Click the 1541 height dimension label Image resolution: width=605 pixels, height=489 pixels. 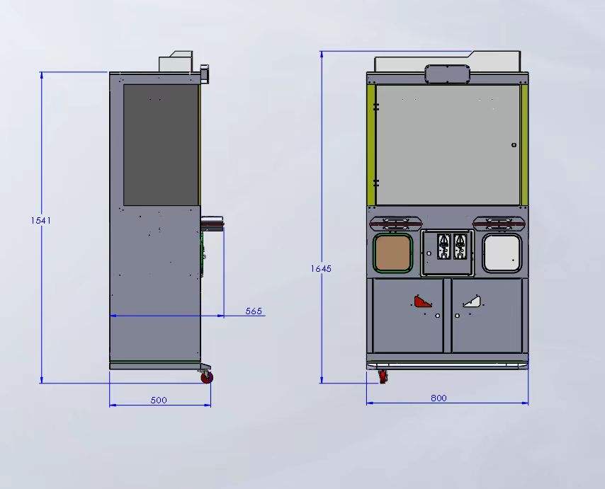click(40, 220)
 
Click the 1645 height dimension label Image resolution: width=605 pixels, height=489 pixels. click(321, 269)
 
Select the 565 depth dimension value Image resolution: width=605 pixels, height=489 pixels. click(254, 311)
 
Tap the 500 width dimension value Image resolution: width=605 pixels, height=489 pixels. click(159, 400)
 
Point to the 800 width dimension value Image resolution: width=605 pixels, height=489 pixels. click(439, 398)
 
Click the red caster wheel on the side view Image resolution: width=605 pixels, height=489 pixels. click(207, 377)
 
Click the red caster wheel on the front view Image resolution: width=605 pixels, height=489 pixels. click(383, 376)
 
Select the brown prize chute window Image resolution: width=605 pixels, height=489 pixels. click(392, 253)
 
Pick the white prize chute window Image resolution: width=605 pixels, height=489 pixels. click(502, 253)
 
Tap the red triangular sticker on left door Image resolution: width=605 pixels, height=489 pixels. click(422, 301)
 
